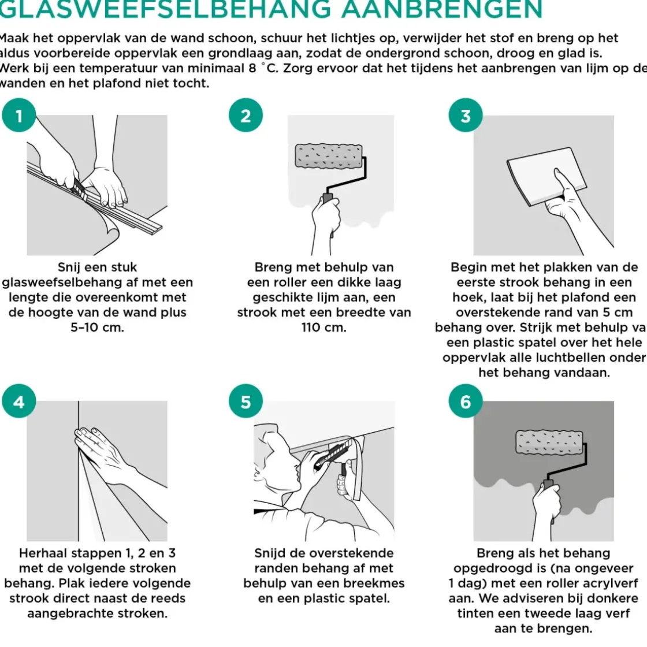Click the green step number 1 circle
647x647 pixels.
(x=19, y=116)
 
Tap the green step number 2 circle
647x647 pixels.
(x=246, y=116)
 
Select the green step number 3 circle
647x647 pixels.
(x=466, y=116)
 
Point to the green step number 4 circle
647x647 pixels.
(x=19, y=401)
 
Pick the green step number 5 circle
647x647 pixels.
(x=246, y=401)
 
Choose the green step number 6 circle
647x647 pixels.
(x=466, y=401)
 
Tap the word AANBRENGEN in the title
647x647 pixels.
(x=442, y=10)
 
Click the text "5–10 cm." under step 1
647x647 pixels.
(x=97, y=328)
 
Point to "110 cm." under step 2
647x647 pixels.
(x=323, y=328)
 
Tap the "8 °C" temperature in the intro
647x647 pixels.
(x=262, y=68)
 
